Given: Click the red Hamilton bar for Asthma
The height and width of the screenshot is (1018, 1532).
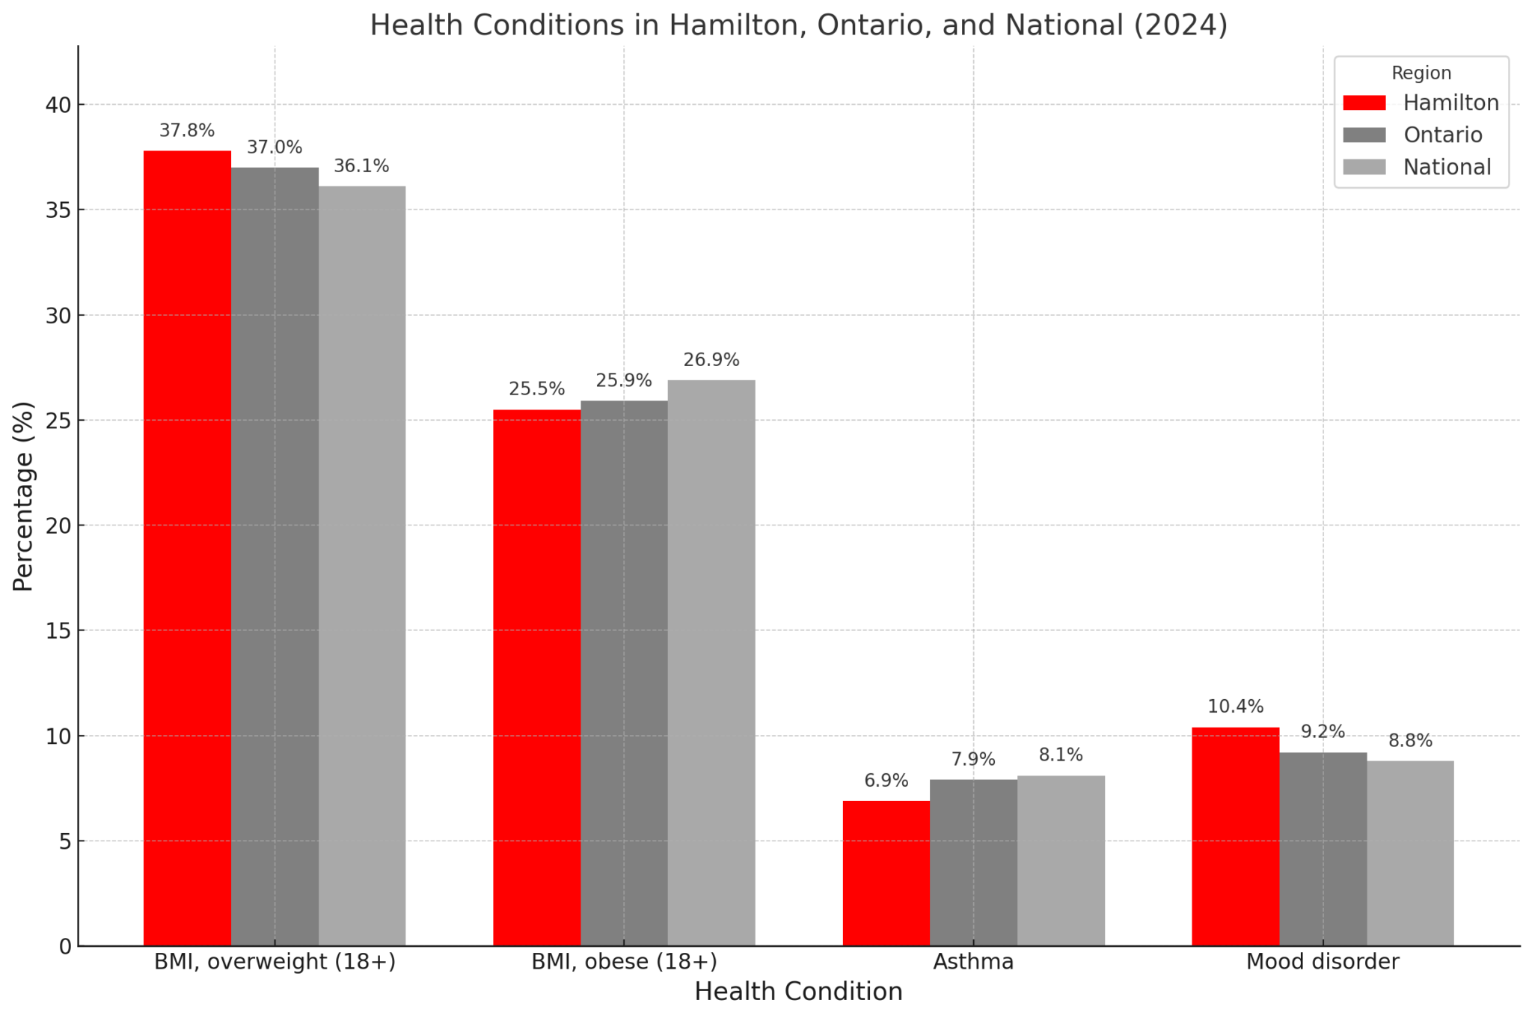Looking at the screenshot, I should coord(886,873).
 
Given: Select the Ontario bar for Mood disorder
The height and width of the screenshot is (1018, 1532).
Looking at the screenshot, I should coord(1323,849).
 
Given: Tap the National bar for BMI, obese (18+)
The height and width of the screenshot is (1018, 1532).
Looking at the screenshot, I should coord(711,662).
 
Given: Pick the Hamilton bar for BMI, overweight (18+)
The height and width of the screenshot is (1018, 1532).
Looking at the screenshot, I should coord(187,548).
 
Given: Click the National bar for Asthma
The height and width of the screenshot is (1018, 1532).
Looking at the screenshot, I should coord(1060,861).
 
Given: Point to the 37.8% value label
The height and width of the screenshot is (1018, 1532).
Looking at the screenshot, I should coord(187,131).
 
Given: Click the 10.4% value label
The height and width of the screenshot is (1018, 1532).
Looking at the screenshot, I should coord(1235,707).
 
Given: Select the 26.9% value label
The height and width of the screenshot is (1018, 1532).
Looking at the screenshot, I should coord(711,360).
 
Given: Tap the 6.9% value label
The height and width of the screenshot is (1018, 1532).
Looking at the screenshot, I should coord(886,781).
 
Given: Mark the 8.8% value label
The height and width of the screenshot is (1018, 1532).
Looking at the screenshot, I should coord(1410,741).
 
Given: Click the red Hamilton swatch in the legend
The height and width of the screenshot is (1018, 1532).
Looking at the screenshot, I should coord(1364,103).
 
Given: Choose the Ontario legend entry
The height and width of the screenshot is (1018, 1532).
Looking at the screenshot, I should coord(1442,135).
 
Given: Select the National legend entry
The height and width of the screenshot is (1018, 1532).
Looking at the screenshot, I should coord(1447,167).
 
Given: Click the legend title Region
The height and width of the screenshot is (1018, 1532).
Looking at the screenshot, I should coord(1421,73).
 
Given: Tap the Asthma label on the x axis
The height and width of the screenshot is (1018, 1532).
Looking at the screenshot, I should coord(972,962).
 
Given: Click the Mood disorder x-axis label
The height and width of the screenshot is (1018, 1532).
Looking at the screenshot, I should coord(1322,962).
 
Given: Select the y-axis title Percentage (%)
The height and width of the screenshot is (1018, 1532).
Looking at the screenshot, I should coord(24,496).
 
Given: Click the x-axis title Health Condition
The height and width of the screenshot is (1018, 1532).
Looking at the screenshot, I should coord(798,992).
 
